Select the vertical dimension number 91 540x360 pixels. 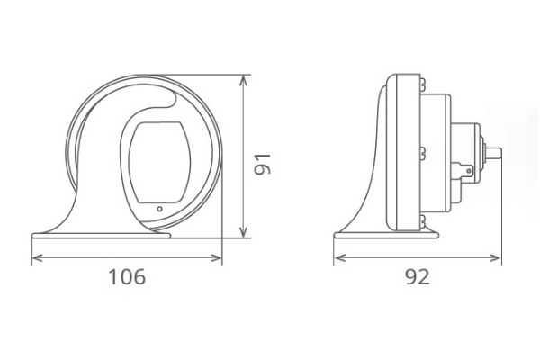pyautogui.click(x=262, y=162)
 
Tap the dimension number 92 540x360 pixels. pyautogui.click(x=416, y=277)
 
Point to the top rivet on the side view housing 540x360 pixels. pyautogui.click(x=419, y=85)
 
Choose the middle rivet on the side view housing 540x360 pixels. pyautogui.click(x=419, y=150)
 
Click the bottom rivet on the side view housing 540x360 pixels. pyautogui.click(x=419, y=219)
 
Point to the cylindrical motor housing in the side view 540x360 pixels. pyautogui.click(x=441, y=153)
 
